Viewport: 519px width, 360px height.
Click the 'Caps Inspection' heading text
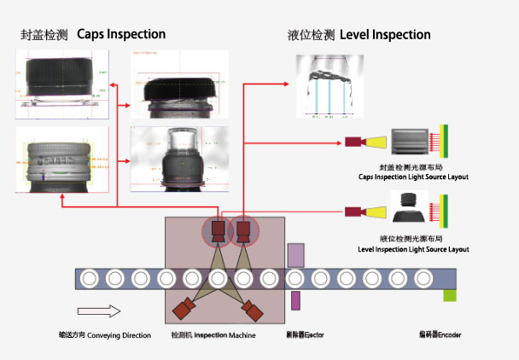(x=121, y=35)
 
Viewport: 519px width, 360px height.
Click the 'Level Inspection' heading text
(x=385, y=35)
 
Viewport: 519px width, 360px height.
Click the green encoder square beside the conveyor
(x=449, y=295)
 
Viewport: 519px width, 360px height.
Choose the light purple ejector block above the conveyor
(x=296, y=254)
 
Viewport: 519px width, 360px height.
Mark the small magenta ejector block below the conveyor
(x=295, y=300)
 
